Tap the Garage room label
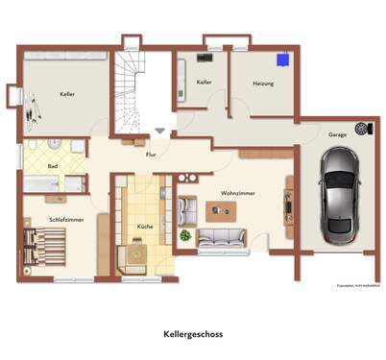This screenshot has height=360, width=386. (336, 134)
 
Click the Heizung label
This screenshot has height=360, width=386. (264, 84)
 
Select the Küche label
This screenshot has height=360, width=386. (145, 225)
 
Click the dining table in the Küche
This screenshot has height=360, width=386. (136, 252)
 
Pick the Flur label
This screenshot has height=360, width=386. (151, 154)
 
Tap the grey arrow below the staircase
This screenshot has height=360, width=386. (158, 131)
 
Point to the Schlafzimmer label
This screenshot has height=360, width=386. (66, 220)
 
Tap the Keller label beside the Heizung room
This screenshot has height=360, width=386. (204, 83)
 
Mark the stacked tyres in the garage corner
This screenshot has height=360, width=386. (361, 129)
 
